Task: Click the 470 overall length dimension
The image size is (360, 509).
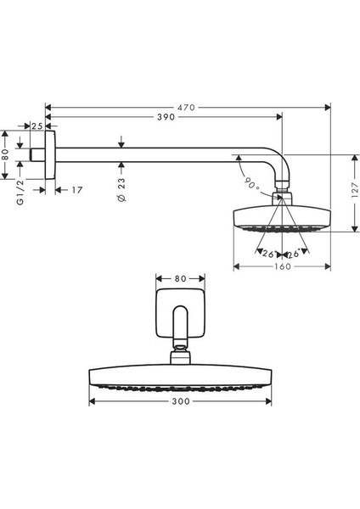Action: pyautogui.click(x=187, y=107)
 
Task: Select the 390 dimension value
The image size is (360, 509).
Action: pyautogui.click(x=166, y=118)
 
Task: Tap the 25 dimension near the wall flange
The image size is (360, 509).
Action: pyautogui.click(x=36, y=126)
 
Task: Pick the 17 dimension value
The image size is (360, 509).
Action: pyautogui.click(x=76, y=190)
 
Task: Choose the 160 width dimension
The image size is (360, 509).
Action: pyautogui.click(x=283, y=266)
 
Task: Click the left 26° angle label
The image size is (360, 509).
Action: pyautogui.click(x=268, y=254)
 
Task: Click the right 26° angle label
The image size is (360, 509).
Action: pyautogui.click(x=294, y=254)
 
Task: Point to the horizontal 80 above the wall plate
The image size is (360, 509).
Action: pyautogui.click(x=180, y=277)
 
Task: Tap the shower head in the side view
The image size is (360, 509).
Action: pyautogui.click(x=281, y=218)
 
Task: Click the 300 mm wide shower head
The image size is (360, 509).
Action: pyautogui.click(x=180, y=376)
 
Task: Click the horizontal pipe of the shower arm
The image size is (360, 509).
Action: pyautogui.click(x=153, y=154)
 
